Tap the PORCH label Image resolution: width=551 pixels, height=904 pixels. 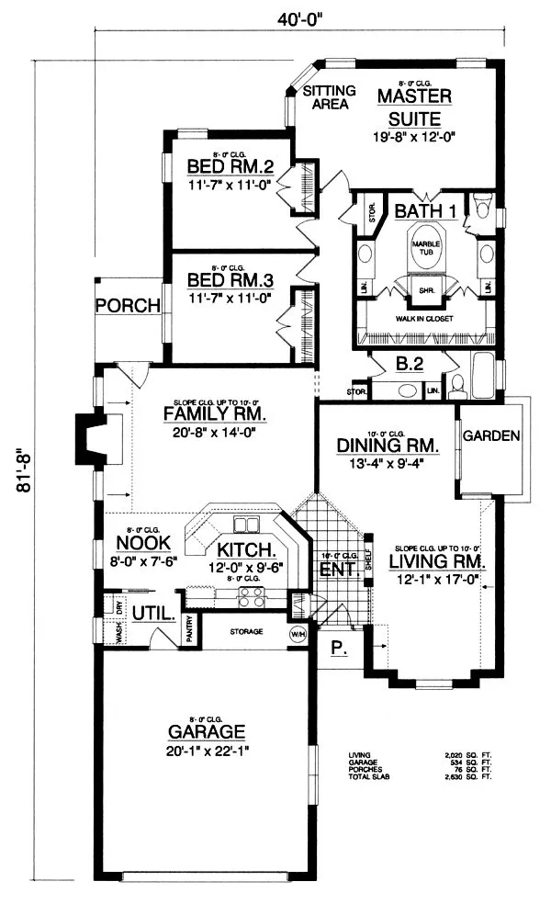[128, 305]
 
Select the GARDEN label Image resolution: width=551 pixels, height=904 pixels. [491, 435]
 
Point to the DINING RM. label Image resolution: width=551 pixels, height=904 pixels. [388, 445]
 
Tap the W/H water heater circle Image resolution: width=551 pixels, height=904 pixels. [298, 633]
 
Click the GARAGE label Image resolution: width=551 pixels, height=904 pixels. [207, 731]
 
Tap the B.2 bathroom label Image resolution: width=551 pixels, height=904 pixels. [409, 364]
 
